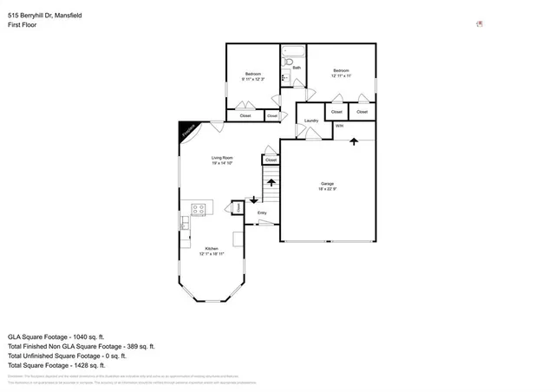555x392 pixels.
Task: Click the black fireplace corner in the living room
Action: pos(186,130)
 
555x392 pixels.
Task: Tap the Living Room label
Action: pos(223,158)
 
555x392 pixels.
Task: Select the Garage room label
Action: pos(327,184)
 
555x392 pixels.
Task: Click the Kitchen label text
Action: pos(212,249)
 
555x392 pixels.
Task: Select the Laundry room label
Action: pos(310,121)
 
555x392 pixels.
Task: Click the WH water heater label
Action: pos(340,127)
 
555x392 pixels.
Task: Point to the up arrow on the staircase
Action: pos(271,183)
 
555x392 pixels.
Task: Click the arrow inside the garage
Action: pos(354,142)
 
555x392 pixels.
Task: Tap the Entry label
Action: pos(262,212)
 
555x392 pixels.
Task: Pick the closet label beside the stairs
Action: pos(271,160)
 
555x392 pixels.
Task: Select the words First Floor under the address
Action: pos(22,25)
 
